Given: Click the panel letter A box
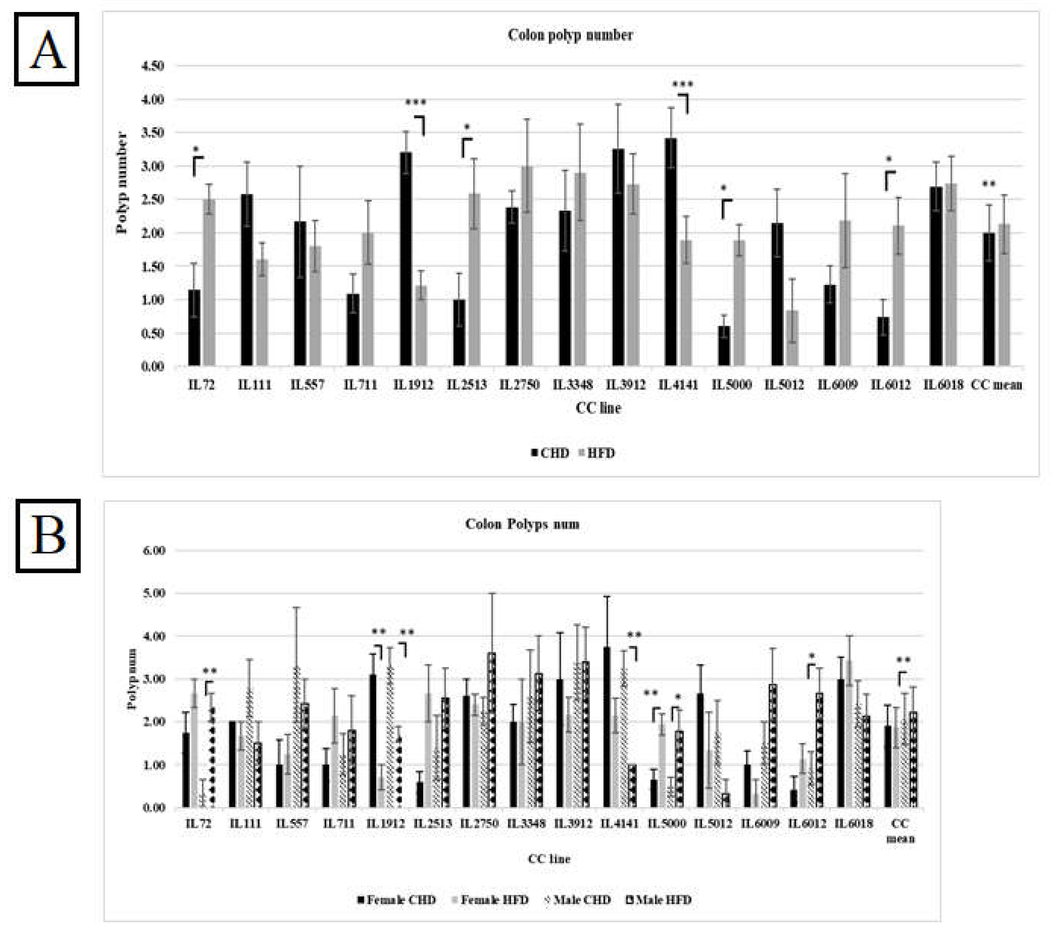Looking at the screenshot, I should click(47, 49).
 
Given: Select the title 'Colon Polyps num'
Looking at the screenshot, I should click(522, 524).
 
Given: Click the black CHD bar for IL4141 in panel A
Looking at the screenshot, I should click(670, 252).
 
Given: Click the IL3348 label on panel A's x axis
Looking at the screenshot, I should click(573, 384).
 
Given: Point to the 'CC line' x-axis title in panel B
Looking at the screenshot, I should click(549, 859).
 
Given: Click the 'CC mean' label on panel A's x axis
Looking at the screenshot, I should click(996, 384).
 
